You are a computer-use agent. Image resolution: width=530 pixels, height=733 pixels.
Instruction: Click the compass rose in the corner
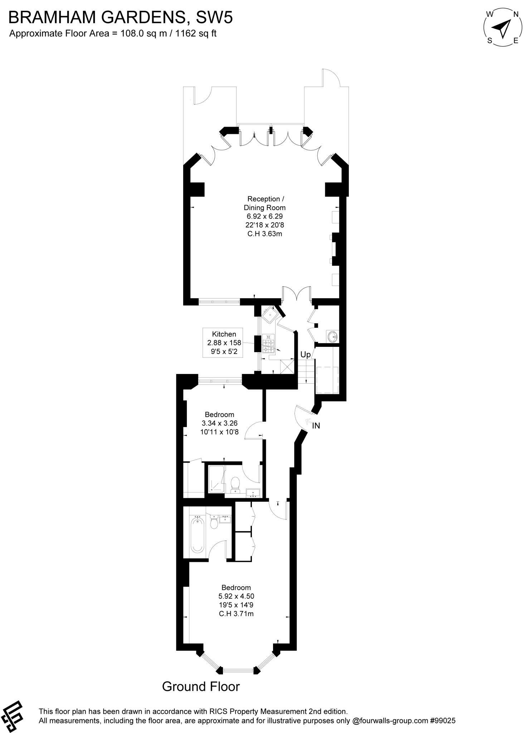503,28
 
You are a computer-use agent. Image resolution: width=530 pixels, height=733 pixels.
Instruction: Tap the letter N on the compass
516,14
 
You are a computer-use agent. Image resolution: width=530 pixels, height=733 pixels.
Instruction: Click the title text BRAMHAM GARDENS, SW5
121,17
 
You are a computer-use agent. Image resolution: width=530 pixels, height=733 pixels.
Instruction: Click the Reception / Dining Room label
264,203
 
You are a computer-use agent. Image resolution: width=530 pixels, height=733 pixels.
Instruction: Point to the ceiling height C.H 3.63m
264,234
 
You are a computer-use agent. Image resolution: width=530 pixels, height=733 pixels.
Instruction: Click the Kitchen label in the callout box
224,334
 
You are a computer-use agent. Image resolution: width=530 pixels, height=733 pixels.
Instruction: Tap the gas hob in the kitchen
268,343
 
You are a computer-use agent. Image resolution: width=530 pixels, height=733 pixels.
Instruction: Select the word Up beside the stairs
305,355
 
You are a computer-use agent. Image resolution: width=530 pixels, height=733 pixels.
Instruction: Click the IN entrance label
316,426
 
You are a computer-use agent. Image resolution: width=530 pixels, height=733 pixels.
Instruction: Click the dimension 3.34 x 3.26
219,423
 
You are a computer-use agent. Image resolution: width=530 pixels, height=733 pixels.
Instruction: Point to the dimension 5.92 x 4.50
236,596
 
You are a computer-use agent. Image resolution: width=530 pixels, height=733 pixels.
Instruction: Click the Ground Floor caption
201,686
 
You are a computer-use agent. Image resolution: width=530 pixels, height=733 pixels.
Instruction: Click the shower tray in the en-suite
216,479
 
